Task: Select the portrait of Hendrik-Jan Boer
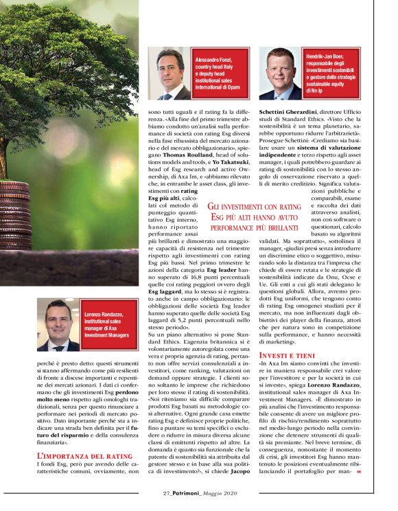(280, 73)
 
